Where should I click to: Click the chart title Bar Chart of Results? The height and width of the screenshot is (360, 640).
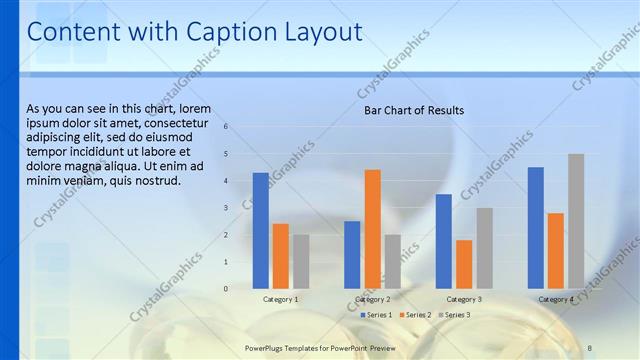coord(413,110)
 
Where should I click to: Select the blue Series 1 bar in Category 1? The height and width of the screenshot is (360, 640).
coord(261,230)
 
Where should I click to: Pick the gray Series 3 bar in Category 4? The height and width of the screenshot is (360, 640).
coord(576,221)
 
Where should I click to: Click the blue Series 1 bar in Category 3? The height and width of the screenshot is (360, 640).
coord(444,241)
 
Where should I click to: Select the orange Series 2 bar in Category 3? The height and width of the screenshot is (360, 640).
coord(464,264)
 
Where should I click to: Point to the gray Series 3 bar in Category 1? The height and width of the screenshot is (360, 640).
coord(301,261)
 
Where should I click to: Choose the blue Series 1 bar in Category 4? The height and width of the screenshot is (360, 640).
coord(536,227)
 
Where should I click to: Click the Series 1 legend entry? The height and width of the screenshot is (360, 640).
coord(377,315)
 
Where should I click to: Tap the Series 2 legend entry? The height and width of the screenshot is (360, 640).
coord(416,315)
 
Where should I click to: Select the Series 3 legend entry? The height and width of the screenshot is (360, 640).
coord(455,315)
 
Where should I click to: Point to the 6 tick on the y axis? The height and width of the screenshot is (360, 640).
coord(226,127)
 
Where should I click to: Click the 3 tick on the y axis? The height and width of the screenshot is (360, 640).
coord(226,208)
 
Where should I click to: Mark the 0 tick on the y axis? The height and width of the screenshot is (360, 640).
coord(226,289)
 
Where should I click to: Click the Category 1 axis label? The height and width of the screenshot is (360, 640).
coord(281,299)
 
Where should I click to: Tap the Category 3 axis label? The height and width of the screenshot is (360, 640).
coord(464,299)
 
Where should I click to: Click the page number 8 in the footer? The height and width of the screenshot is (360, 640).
coord(590,348)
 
